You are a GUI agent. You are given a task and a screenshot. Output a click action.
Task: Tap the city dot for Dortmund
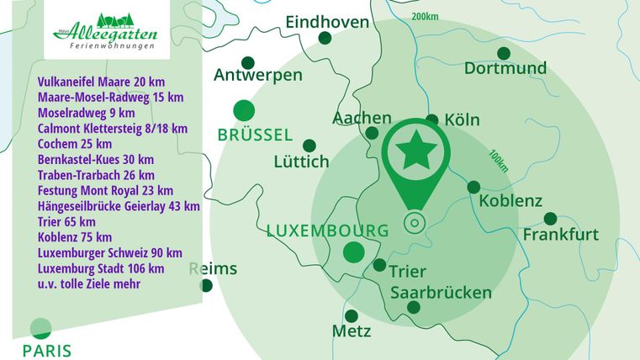tap(504, 53)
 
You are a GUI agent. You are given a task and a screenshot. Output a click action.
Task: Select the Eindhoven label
tap(327, 22)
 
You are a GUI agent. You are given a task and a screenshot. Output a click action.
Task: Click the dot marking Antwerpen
tap(248, 62)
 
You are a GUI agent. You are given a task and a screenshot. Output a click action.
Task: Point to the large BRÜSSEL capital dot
tap(244, 109)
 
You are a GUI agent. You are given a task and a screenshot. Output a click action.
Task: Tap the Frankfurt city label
tap(561, 235)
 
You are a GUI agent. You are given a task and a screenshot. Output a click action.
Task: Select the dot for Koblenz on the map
tap(473, 187)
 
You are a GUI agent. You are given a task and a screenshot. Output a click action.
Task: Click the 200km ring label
tap(426, 16)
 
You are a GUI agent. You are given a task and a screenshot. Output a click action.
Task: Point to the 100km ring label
tap(498, 160)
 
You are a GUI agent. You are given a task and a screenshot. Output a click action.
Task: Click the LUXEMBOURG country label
tap(327, 230)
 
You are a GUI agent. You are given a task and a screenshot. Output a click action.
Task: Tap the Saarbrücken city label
tap(442, 293)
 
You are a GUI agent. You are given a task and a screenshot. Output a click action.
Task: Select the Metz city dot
tap(352, 315)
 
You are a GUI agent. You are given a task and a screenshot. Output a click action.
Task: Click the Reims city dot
tap(206, 285)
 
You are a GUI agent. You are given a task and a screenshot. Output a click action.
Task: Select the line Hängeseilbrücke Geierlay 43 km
tap(119, 206)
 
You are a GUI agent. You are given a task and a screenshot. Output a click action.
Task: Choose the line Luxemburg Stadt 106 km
tap(101, 268)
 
